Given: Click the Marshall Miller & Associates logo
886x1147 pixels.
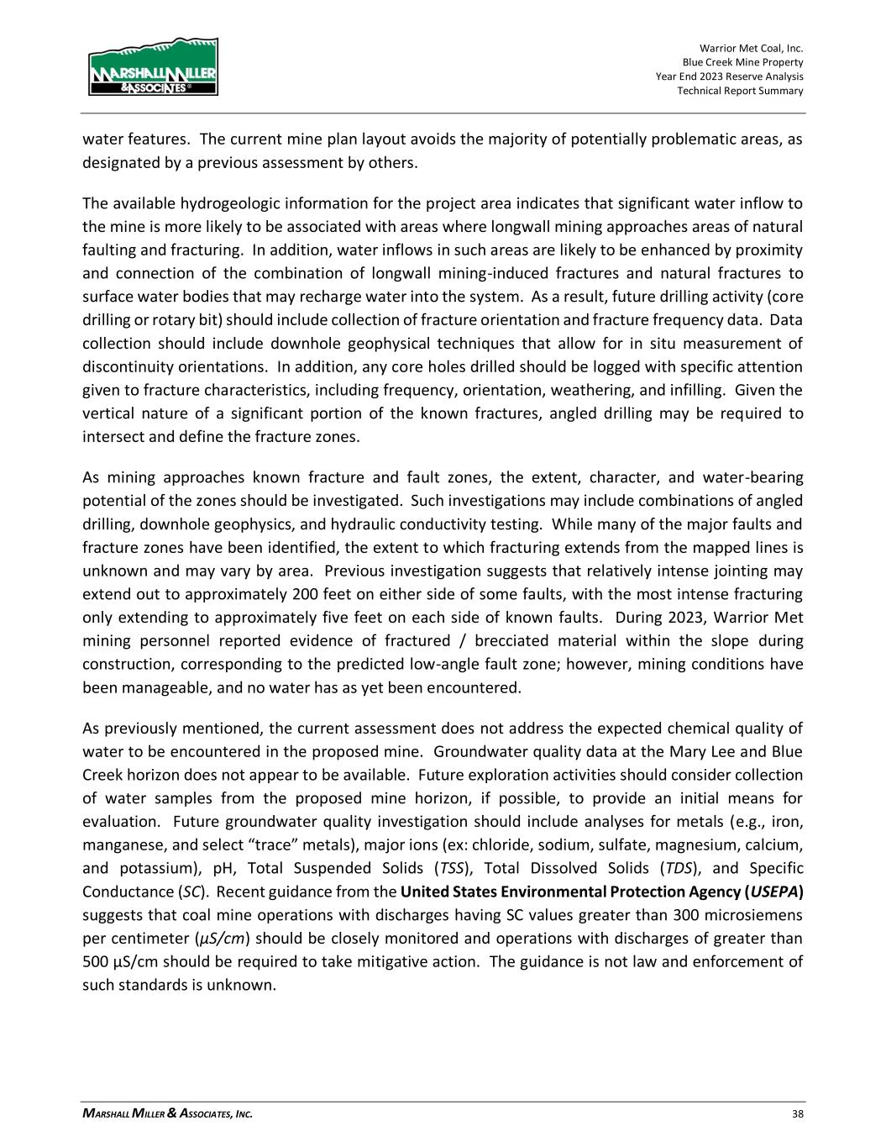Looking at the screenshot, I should pyautogui.click(x=153, y=66).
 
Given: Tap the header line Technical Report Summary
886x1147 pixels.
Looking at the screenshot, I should pyautogui.click(x=740, y=91).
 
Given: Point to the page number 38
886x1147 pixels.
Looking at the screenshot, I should pyautogui.click(x=797, y=1114).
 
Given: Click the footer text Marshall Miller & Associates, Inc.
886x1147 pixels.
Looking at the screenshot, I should pyautogui.click(x=167, y=1114).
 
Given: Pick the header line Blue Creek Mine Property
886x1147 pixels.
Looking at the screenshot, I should pyautogui.click(x=742, y=62).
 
